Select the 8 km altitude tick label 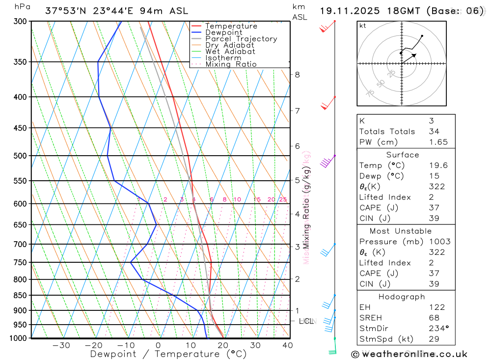point(297,75)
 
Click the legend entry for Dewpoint point(223,32)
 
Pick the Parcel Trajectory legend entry point(241,39)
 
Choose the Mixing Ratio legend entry point(230,64)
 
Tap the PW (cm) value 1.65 point(438,142)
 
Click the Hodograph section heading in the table point(402,297)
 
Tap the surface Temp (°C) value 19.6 point(438,166)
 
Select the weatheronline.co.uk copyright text point(409,354)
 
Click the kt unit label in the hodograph point(363,26)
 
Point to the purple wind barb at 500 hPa point(327,162)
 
